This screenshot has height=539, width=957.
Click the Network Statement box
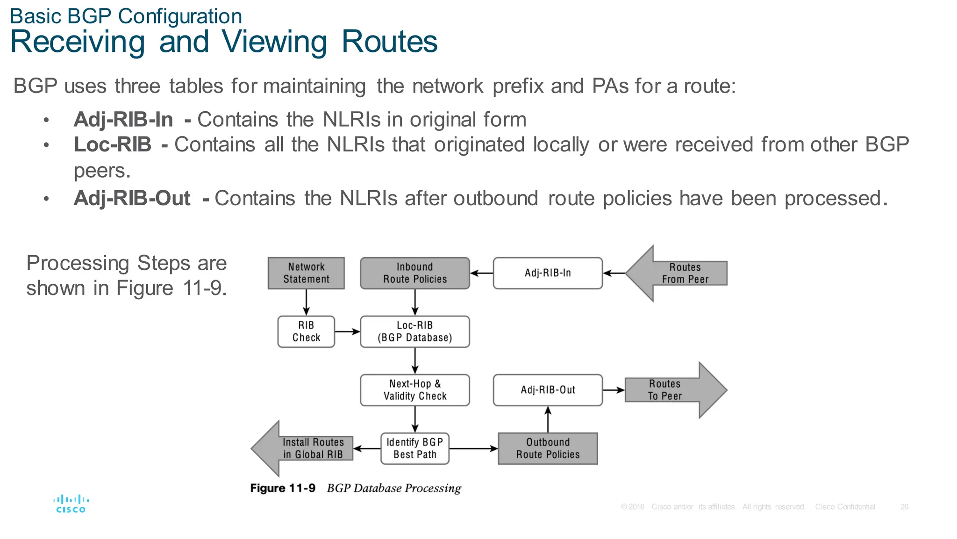pos(306,273)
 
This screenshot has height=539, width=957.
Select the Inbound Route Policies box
pos(414,273)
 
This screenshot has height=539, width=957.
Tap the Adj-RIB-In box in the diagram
pos(548,273)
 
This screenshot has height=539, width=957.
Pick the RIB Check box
pos(306,331)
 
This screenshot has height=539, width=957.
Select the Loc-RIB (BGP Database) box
pos(414,331)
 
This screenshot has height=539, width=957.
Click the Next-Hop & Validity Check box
pos(414,390)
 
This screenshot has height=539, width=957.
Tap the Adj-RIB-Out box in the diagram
pos(548,390)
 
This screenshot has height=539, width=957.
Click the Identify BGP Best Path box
pos(414,448)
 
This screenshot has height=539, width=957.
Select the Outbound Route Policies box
pos(548,448)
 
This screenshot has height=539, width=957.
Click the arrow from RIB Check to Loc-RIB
pos(347,331)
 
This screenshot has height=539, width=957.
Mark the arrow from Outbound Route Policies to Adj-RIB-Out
pos(548,419)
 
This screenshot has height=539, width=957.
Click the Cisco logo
pos(71,504)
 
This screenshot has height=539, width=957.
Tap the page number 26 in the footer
pos(904,507)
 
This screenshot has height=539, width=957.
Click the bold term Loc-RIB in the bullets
pos(113,144)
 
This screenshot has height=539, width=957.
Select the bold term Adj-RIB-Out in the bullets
pos(132,198)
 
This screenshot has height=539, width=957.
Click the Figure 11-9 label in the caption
pos(283,488)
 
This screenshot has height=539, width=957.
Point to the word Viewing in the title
pos(274,42)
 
